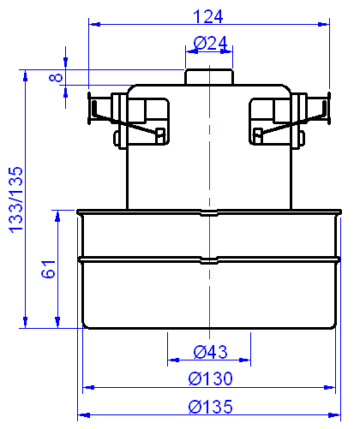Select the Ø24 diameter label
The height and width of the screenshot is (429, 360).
tap(210, 43)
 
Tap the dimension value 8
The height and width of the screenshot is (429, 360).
tap(57, 77)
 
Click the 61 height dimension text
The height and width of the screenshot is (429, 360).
tap(48, 268)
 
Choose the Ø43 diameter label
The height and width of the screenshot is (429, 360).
tap(210, 351)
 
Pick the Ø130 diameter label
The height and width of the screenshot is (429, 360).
tap(210, 378)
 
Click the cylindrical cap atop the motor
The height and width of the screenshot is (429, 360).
tap(210, 76)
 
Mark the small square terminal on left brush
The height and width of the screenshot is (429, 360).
tap(159, 133)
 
